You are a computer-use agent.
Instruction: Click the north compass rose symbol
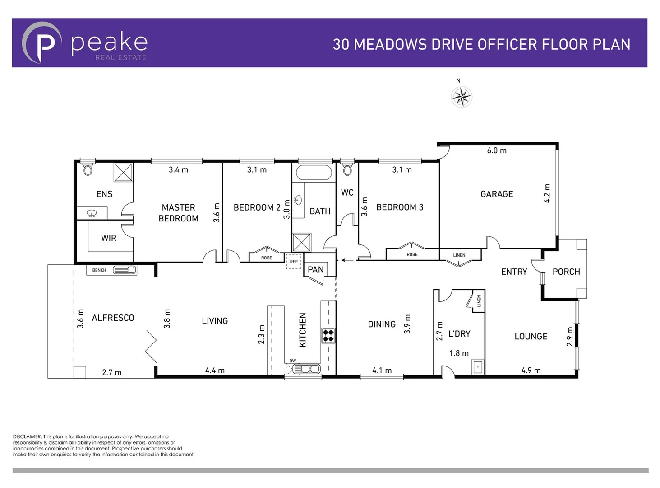(x=461, y=97)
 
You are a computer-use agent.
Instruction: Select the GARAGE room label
(x=496, y=194)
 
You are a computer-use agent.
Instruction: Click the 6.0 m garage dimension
(x=496, y=150)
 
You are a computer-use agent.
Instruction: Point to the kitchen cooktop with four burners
(x=328, y=335)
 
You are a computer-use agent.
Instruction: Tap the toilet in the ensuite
(x=88, y=169)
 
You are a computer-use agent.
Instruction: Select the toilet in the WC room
(x=347, y=169)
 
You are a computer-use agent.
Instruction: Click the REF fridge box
(x=294, y=262)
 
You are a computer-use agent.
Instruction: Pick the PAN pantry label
(x=315, y=270)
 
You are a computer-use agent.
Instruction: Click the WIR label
(x=108, y=238)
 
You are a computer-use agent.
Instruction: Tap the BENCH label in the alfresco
(x=99, y=270)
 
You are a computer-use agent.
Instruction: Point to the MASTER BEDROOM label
(x=178, y=213)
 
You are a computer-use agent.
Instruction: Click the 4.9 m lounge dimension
(x=531, y=370)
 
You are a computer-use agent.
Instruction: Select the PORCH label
(x=566, y=272)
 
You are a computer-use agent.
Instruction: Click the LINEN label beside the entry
(x=459, y=255)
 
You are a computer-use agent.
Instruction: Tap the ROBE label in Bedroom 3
(x=412, y=255)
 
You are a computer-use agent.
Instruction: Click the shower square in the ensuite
(x=123, y=173)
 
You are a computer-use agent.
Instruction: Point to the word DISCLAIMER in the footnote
(x=27, y=436)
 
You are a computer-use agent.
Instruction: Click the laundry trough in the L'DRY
(x=477, y=367)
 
